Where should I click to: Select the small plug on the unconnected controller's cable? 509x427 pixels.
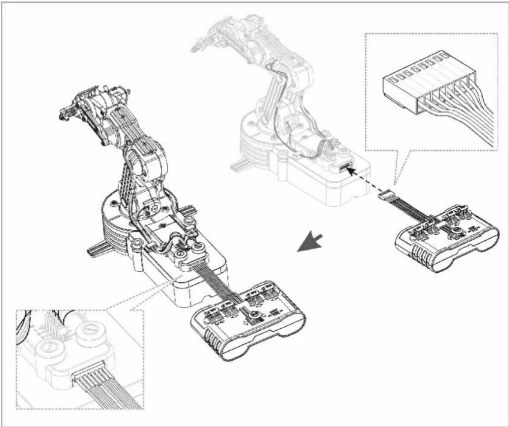coord(385,195)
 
